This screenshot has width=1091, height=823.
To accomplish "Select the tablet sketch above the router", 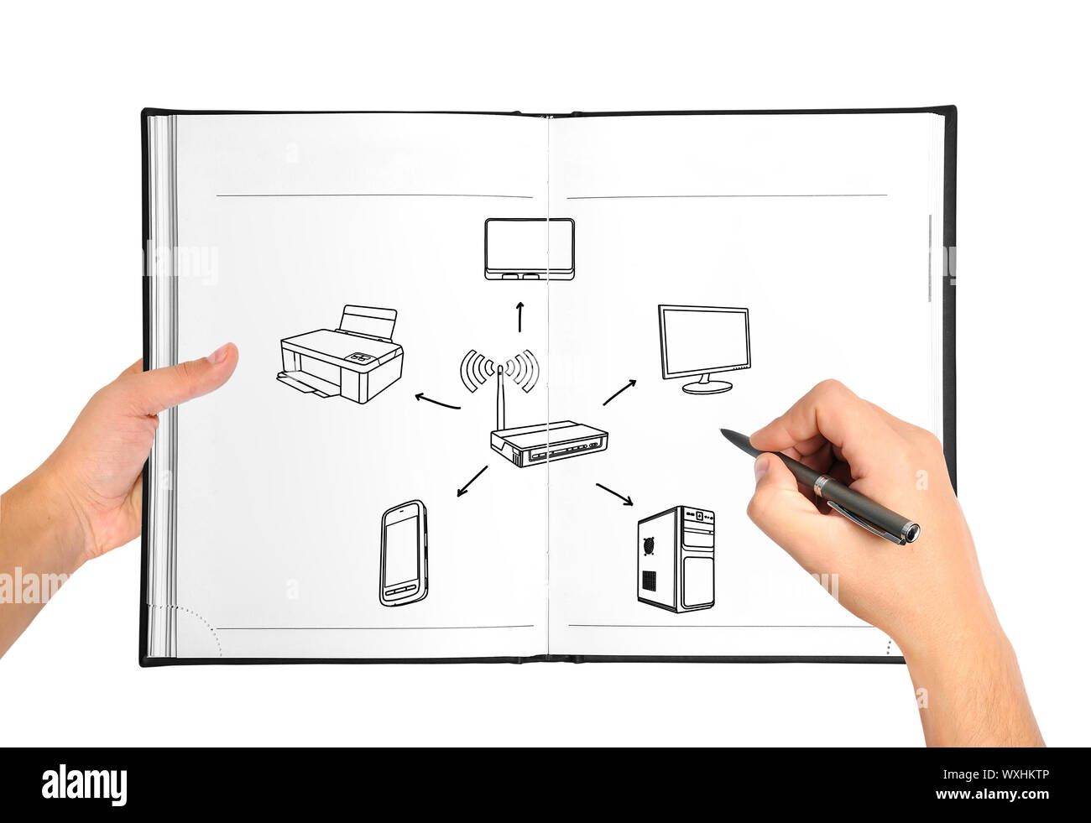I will (x=529, y=248).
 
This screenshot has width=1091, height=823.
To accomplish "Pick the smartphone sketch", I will (x=404, y=553).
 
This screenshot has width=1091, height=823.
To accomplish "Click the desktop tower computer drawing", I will (x=676, y=559).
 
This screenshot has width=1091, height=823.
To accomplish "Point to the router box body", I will (x=550, y=444).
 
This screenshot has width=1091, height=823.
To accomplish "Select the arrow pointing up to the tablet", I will (x=519, y=315).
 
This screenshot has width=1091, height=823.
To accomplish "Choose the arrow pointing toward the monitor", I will (x=619, y=392).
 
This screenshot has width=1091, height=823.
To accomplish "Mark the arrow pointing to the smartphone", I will (x=472, y=481).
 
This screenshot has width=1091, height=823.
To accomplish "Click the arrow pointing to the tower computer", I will (x=614, y=494).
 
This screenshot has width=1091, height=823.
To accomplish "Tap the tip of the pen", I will (x=723, y=432).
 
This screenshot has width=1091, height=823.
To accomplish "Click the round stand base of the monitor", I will (x=707, y=388).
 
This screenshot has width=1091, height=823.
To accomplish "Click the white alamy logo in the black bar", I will (x=84, y=785).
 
